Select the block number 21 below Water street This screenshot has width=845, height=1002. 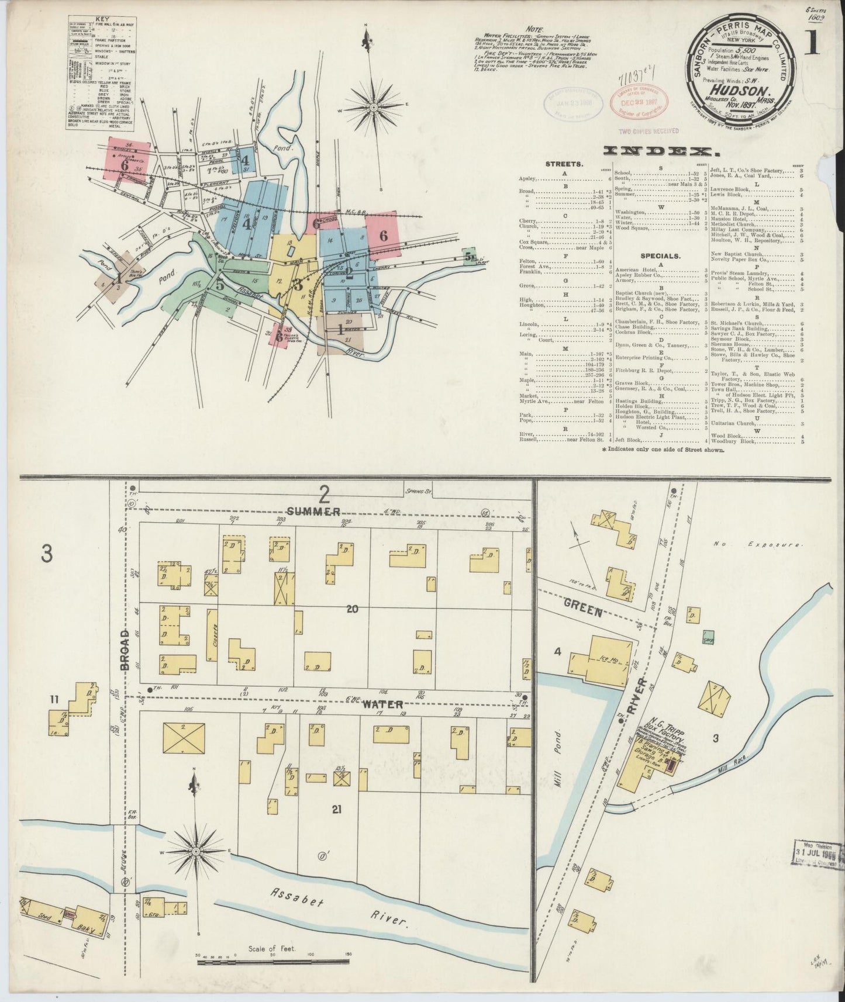coord(336,809)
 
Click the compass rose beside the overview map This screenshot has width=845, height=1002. coord(373,107)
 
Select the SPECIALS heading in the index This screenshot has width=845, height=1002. coord(660,255)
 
